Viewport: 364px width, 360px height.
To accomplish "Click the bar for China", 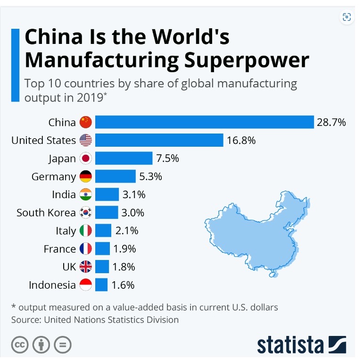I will coord(204,122).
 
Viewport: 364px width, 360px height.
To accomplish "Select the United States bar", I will coord(159,140).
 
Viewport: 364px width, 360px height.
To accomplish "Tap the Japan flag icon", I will coord(85,159).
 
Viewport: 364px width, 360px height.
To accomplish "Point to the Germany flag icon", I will coord(85,176).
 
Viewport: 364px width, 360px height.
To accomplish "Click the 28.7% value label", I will coord(331,122).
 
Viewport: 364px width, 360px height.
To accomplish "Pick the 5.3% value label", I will coord(150,176).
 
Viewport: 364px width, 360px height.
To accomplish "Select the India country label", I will coord(64,194).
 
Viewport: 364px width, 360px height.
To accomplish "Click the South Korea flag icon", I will coord(85,212).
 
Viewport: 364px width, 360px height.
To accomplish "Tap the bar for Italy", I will coord(103,231).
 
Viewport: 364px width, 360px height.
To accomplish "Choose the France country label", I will coord(60,249).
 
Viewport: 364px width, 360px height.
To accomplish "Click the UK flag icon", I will coord(85,267).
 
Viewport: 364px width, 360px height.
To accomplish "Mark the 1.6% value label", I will coord(123,285).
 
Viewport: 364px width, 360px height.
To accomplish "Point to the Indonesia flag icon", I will coord(85,285).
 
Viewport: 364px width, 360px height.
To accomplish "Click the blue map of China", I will coord(255,231).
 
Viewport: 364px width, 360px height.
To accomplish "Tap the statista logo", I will coord(301,344).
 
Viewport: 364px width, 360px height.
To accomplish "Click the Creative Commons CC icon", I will coord(20,344).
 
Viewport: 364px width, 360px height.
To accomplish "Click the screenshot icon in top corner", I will coord(347,17).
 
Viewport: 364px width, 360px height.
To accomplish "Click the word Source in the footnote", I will coord(25,320).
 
